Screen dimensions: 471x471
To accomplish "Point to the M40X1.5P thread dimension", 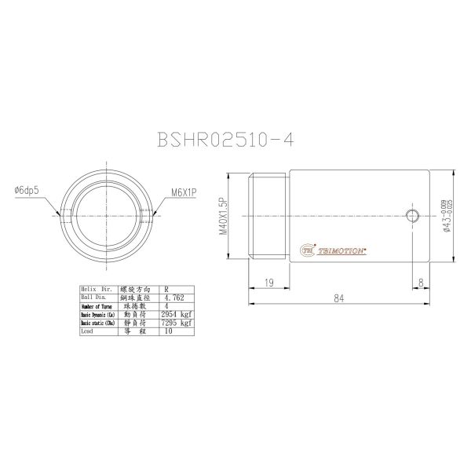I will click(223, 217).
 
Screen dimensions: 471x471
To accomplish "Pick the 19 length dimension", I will click(268, 282).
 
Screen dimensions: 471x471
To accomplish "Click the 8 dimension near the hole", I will click(422, 282).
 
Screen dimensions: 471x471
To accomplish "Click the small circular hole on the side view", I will click(413, 215).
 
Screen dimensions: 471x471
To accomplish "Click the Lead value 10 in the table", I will click(169, 331).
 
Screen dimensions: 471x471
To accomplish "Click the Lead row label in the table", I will click(88, 331).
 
